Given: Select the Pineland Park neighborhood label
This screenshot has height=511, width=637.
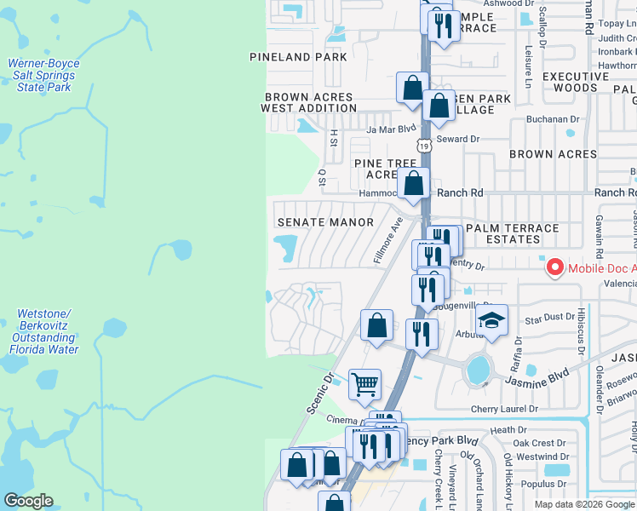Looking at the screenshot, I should click(x=298, y=57).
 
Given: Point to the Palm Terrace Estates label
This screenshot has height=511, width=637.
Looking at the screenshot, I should click(x=513, y=233).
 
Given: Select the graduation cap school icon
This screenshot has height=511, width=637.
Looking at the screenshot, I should click(x=491, y=320).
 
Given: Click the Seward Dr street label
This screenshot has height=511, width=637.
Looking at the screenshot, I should click(x=458, y=139).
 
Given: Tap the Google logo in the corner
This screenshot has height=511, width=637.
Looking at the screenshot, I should click(x=28, y=501).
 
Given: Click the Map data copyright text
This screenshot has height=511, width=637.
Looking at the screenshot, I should click(x=584, y=504).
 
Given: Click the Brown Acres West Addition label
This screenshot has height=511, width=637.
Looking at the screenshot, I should click(x=307, y=103).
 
